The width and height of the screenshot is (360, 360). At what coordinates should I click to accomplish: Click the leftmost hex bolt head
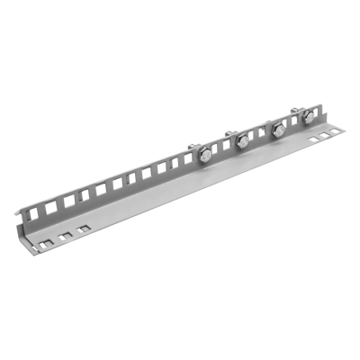click(206, 155)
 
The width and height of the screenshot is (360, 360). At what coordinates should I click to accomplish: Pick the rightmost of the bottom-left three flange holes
click(84, 229)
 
